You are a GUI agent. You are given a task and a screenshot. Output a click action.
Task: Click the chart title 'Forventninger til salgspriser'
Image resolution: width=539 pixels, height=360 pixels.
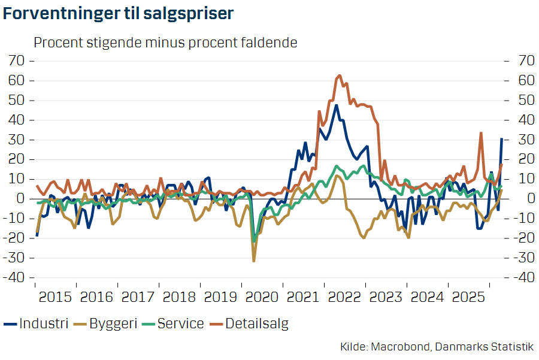118,14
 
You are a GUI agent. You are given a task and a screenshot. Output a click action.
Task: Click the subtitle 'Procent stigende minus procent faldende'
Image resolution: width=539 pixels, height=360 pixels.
165,43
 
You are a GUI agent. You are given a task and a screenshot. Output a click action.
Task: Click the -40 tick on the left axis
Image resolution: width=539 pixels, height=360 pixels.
17,278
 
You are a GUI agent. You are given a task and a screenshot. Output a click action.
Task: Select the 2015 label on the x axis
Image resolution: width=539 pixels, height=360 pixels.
56,297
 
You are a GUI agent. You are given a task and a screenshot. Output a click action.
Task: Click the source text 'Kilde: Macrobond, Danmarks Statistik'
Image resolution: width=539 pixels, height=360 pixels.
436,347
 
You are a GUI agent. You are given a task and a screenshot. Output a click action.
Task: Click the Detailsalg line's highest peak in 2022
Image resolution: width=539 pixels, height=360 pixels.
339,75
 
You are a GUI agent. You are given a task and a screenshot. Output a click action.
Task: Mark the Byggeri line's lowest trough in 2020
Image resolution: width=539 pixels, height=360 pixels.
254,261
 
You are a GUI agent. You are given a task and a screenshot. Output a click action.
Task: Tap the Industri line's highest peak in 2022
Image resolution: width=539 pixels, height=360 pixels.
337,105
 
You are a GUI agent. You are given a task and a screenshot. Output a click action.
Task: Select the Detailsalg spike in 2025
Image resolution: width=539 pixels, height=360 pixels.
481,133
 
